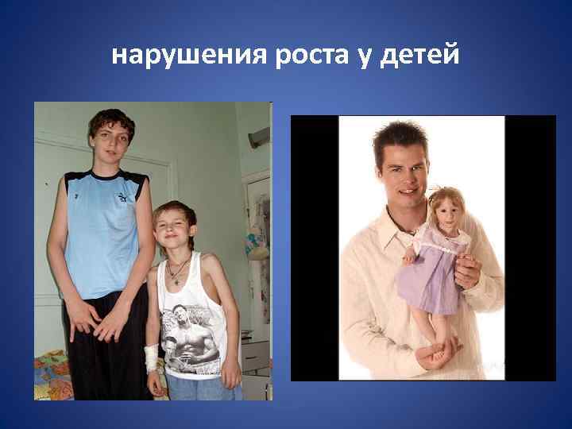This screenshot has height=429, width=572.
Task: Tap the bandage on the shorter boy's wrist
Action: click(x=151, y=357)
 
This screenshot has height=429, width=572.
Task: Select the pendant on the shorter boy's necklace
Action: click(x=176, y=281)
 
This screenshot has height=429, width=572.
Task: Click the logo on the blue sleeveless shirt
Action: click(x=122, y=197)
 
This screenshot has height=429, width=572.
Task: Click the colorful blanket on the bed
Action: click(x=52, y=377)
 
